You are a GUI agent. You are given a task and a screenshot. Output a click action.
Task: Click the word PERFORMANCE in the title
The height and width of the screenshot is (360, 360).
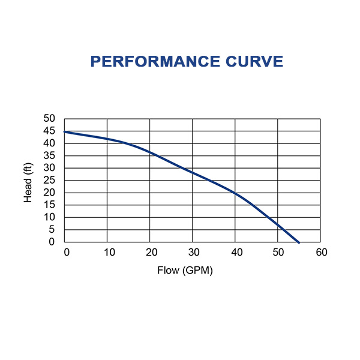(x=147, y=62)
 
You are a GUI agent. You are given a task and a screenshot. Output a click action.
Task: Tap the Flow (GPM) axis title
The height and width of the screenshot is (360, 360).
(x=185, y=271)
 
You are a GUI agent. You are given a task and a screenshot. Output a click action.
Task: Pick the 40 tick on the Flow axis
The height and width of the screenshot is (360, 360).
(x=236, y=252)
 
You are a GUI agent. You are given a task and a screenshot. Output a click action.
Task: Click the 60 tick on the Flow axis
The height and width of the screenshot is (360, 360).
(x=321, y=252)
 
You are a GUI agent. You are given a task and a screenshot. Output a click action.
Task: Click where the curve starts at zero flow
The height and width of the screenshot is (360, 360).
(x=65, y=132)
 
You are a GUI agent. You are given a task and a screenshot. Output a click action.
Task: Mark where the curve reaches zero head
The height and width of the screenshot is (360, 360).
(x=299, y=242)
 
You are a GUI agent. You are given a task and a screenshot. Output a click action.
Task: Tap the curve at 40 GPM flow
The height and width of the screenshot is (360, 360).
(x=235, y=193)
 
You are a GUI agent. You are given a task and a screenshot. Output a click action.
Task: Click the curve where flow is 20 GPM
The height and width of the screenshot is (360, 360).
(x=150, y=153)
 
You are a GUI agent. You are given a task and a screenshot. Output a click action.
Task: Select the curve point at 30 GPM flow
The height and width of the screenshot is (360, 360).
(x=193, y=173)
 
